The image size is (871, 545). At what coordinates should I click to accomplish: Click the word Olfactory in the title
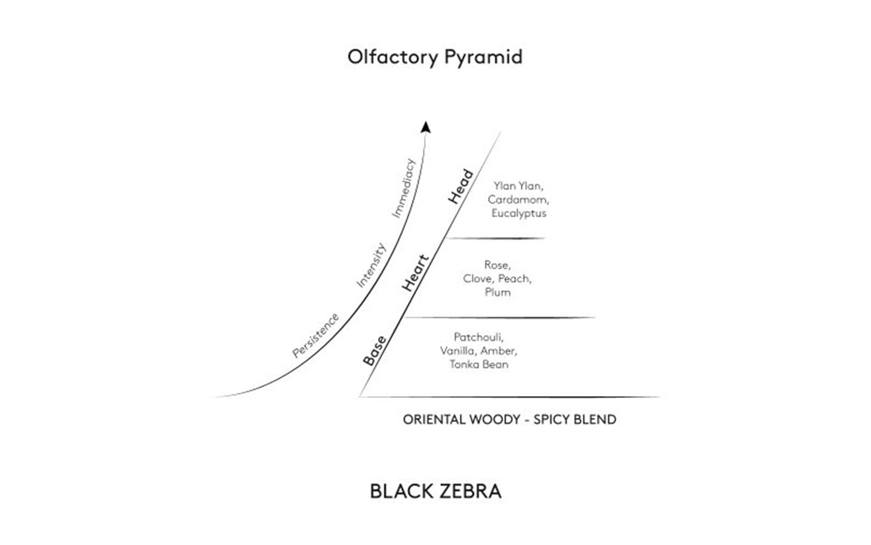(x=393, y=57)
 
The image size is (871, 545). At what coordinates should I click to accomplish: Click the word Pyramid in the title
(x=483, y=57)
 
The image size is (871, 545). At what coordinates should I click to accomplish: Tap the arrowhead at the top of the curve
(x=426, y=127)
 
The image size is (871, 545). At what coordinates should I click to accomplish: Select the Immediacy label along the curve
(x=403, y=188)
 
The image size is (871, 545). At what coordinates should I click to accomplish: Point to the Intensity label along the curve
(x=371, y=265)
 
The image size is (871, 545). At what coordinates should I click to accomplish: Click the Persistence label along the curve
(x=315, y=335)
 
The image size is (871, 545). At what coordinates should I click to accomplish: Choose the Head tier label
(x=461, y=187)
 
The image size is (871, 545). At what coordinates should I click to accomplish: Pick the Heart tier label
(x=416, y=273)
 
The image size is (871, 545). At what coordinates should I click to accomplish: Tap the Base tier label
(x=375, y=351)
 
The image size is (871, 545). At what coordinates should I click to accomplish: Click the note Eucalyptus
(x=519, y=213)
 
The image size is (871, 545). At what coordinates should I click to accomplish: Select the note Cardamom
(x=518, y=200)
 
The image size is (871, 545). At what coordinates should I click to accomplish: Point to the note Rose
(x=497, y=265)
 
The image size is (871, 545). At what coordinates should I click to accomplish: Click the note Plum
(x=498, y=292)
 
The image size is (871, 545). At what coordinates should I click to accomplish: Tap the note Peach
(x=515, y=279)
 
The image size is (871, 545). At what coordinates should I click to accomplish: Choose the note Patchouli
(x=478, y=337)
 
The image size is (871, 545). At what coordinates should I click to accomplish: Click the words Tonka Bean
(x=479, y=365)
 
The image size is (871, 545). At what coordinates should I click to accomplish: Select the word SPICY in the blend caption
(x=551, y=420)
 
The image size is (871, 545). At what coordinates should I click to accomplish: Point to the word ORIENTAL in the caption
(x=434, y=420)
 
